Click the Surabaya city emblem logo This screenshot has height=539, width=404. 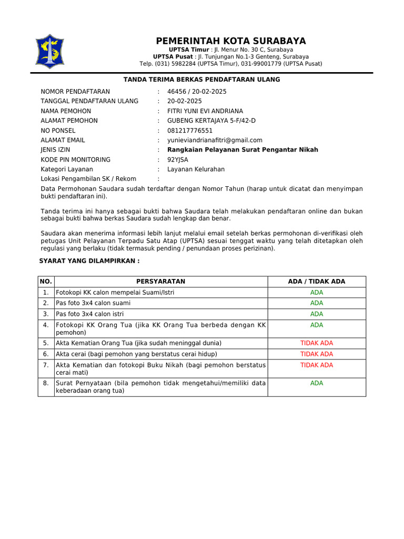point(49,52)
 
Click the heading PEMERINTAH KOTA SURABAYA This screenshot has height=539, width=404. point(230,41)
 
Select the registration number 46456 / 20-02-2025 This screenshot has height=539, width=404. point(197,92)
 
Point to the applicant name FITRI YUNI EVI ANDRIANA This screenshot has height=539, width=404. point(205,111)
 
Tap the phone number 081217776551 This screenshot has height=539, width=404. point(190,131)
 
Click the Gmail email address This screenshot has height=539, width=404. point(215,140)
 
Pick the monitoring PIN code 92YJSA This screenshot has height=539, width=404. point(178,159)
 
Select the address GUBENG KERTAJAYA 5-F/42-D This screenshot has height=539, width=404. point(211,121)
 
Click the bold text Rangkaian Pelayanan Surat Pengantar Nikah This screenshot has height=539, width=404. point(243,150)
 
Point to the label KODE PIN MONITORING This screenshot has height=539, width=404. point(76,159)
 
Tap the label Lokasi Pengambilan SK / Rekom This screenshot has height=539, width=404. point(88,179)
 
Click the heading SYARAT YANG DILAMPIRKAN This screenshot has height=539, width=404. point(90,261)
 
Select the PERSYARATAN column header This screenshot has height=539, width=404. point(160,282)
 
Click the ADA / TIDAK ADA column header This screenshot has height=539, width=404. point(317,282)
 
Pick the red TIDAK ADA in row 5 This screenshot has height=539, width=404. point(317,343)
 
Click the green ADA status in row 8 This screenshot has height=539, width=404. point(317,383)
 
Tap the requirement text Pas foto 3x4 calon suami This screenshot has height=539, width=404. point(93,303)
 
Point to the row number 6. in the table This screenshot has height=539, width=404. point(46,354)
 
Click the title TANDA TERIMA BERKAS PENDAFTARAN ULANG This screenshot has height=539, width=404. point(201,79)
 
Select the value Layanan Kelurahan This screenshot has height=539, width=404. point(196,169)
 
